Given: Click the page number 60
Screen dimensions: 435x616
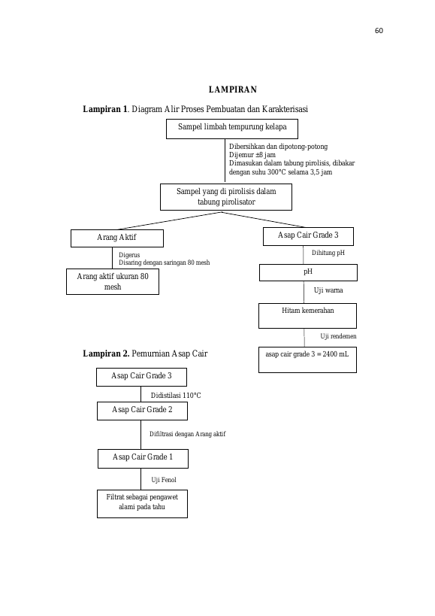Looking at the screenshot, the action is point(379,31).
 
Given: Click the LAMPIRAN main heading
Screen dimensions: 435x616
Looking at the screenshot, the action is point(233,90).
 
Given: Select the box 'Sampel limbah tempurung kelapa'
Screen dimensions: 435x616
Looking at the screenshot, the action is point(232,129).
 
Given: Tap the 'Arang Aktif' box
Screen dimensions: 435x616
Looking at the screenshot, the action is point(117,238).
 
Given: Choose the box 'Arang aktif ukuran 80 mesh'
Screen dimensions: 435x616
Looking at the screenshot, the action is point(113,282).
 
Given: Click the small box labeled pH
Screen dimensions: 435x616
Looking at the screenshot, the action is point(308,272).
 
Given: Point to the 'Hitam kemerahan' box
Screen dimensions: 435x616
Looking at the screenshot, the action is point(307,315).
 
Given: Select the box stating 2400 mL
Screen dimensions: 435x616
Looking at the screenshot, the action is point(307,360).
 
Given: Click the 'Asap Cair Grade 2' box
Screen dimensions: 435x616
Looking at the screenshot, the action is point(142,411).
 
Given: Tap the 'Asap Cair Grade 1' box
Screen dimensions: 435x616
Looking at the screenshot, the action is point(143,459).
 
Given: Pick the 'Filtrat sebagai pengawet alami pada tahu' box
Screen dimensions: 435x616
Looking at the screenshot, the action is point(142,504).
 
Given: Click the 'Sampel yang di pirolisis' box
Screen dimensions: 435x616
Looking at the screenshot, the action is point(226,197).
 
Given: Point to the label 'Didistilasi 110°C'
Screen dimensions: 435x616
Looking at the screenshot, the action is point(176,395).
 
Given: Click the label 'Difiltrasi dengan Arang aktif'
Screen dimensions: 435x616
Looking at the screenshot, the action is point(188,434).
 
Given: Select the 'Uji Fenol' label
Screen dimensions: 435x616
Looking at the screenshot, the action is point(164,480).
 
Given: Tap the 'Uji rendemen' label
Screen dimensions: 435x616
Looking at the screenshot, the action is point(338,336).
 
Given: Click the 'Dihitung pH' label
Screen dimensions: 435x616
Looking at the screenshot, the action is point(328,253).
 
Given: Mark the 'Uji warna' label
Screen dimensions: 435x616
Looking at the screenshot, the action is point(328,290).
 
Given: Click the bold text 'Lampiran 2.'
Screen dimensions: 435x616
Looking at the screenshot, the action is point(106,354).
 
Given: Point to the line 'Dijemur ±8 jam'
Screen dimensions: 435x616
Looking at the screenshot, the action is point(252,155).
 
